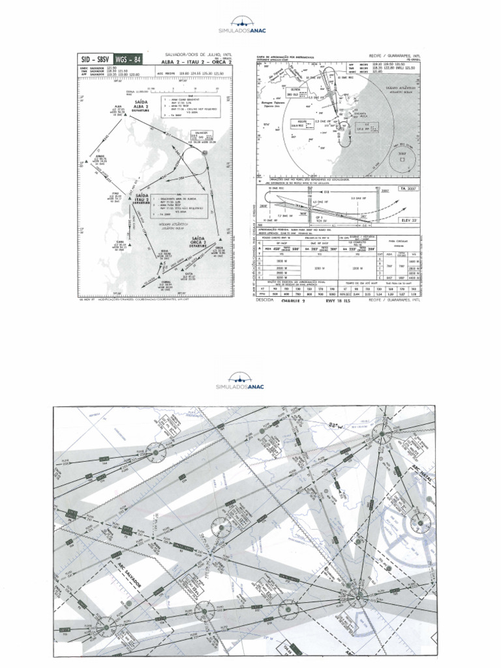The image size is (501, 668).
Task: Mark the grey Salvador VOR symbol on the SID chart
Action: [205, 151]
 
